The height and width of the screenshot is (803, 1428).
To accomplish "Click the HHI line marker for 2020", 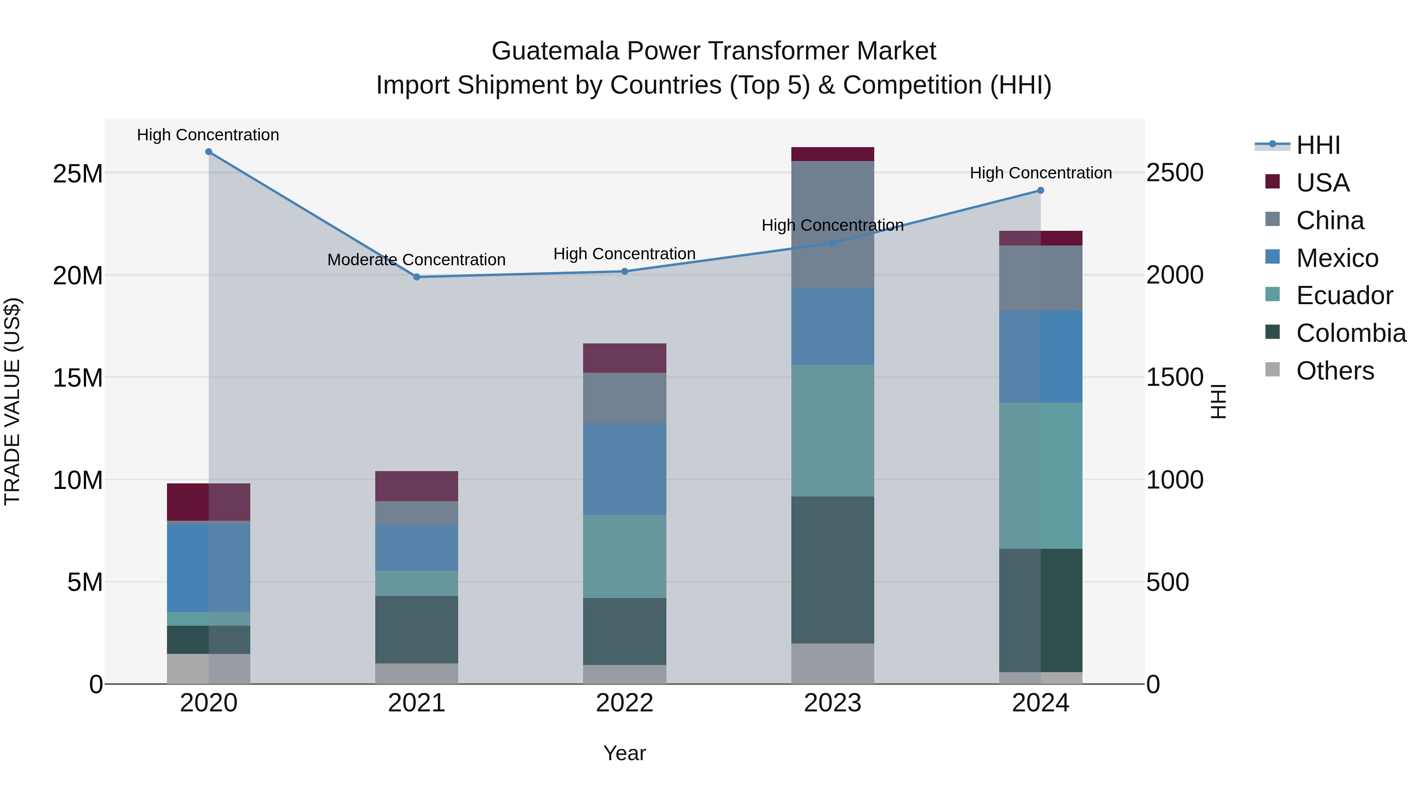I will click(208, 152).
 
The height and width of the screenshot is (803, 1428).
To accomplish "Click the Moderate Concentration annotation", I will click(416, 259).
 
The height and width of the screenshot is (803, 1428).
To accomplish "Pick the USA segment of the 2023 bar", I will click(832, 154).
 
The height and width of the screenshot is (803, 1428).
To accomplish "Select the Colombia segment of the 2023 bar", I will click(832, 570).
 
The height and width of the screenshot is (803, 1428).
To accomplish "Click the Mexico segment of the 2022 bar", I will click(624, 469).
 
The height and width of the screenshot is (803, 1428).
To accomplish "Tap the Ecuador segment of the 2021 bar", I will click(416, 583).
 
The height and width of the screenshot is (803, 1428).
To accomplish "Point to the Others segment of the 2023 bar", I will click(832, 663).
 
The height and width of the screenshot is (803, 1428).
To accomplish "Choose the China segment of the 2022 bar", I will click(624, 398).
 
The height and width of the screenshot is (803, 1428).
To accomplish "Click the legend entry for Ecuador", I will click(1344, 295).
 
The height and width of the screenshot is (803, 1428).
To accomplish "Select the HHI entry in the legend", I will click(1318, 145).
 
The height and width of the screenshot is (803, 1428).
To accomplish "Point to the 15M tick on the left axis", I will click(78, 378).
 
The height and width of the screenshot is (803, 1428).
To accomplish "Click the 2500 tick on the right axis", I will click(1175, 173).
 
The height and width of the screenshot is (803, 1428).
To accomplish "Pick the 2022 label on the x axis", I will click(624, 703).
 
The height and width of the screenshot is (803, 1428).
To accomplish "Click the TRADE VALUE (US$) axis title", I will click(12, 401).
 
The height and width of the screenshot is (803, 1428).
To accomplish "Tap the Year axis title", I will click(624, 753).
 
